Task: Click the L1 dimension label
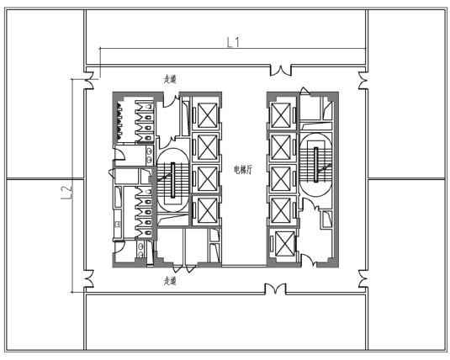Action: click(233, 43)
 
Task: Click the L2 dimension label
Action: click(66, 193)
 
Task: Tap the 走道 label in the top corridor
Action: click(170, 79)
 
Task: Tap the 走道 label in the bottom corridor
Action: click(170, 280)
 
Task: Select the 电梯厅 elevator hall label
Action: click(243, 170)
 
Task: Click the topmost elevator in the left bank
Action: click(207, 115)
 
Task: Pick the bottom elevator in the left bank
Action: click(207, 210)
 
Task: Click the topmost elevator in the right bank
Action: click(281, 115)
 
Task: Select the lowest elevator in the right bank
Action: click(284, 243)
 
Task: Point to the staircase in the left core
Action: click(173, 180)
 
